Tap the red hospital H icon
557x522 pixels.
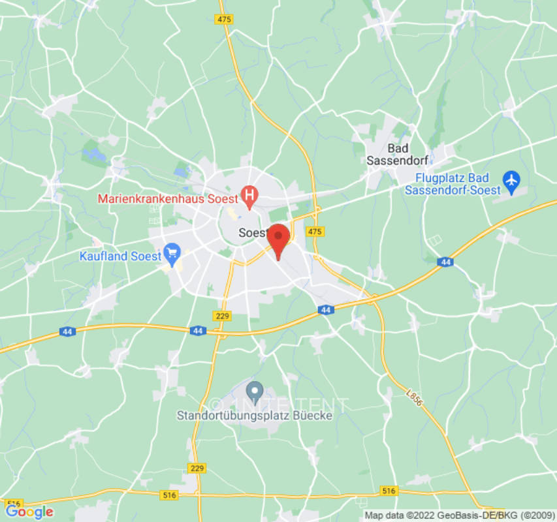(249, 194)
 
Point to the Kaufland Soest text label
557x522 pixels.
(120, 256)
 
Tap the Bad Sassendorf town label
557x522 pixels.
(398, 154)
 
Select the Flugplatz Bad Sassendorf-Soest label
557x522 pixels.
(453, 184)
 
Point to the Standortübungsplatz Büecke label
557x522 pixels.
(255, 415)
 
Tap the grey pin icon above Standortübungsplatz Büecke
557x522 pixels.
(255, 391)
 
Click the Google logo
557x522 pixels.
(29, 512)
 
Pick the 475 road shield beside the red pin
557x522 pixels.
(315, 232)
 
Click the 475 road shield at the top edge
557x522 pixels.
(224, 19)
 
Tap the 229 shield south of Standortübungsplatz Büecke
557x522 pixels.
(196, 468)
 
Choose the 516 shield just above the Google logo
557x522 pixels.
(14, 504)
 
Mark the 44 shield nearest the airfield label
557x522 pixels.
(446, 262)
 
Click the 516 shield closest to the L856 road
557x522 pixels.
(389, 490)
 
